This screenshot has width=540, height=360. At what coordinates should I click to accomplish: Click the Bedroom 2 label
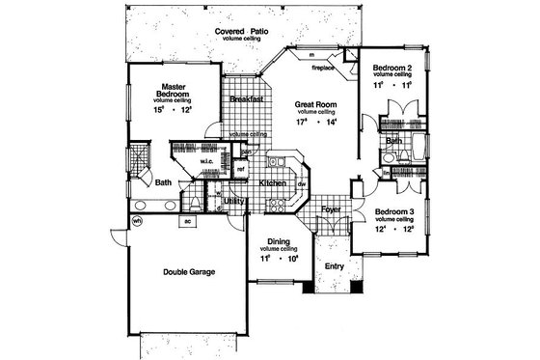point(392,67)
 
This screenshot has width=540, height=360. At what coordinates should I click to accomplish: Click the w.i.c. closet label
point(206,161)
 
